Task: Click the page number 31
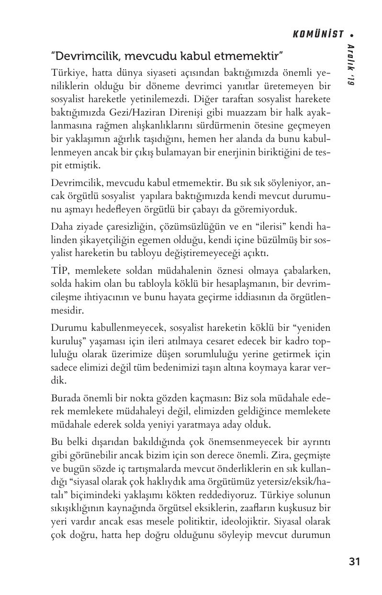point(354,561)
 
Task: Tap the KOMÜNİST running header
point(318,35)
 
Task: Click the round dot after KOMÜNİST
point(352,35)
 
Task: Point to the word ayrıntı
point(316,441)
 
